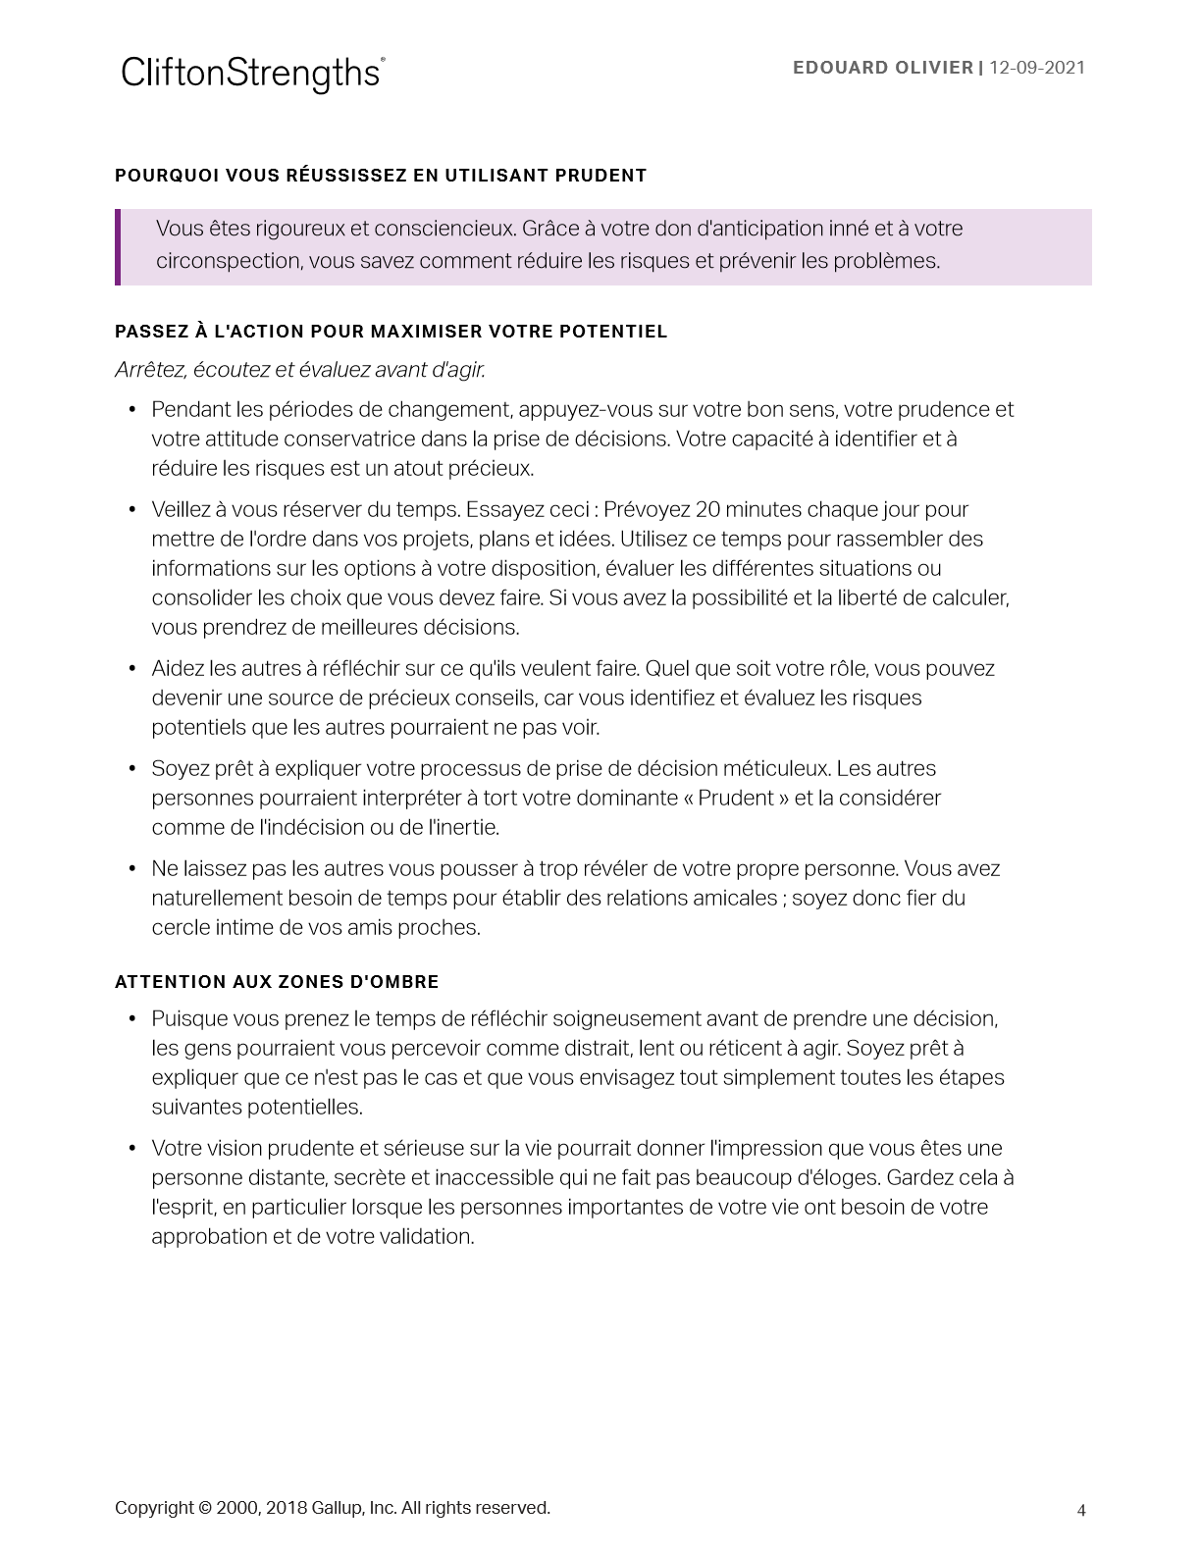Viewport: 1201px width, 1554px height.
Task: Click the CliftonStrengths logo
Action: pos(252,74)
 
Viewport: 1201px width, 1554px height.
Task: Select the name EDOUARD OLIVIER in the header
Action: pos(882,68)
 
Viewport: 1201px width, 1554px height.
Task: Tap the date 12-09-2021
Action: pos(1037,68)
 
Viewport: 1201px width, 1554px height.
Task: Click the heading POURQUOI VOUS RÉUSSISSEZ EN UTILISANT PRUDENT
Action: pos(381,176)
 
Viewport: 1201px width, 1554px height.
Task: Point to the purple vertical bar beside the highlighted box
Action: pos(118,247)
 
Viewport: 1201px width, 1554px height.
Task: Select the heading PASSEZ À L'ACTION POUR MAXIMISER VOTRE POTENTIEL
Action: pos(391,332)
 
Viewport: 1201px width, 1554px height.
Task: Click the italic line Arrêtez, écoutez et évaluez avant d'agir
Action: pos(300,370)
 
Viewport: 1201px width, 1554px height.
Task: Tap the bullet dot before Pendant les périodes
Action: pos(132,410)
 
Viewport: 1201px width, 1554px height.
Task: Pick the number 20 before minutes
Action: pos(707,510)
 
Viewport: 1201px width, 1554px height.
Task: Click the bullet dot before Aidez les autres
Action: pos(132,669)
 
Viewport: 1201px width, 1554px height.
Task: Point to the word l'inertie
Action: pos(463,828)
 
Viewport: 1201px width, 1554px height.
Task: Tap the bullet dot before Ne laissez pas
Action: pos(132,869)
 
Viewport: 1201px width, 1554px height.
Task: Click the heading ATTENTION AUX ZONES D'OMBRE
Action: pos(277,982)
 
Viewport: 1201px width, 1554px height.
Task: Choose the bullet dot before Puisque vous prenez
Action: pos(132,1019)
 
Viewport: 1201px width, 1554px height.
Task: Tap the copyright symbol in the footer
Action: pos(205,1508)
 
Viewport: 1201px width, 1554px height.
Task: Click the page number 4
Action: pos(1081,1511)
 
